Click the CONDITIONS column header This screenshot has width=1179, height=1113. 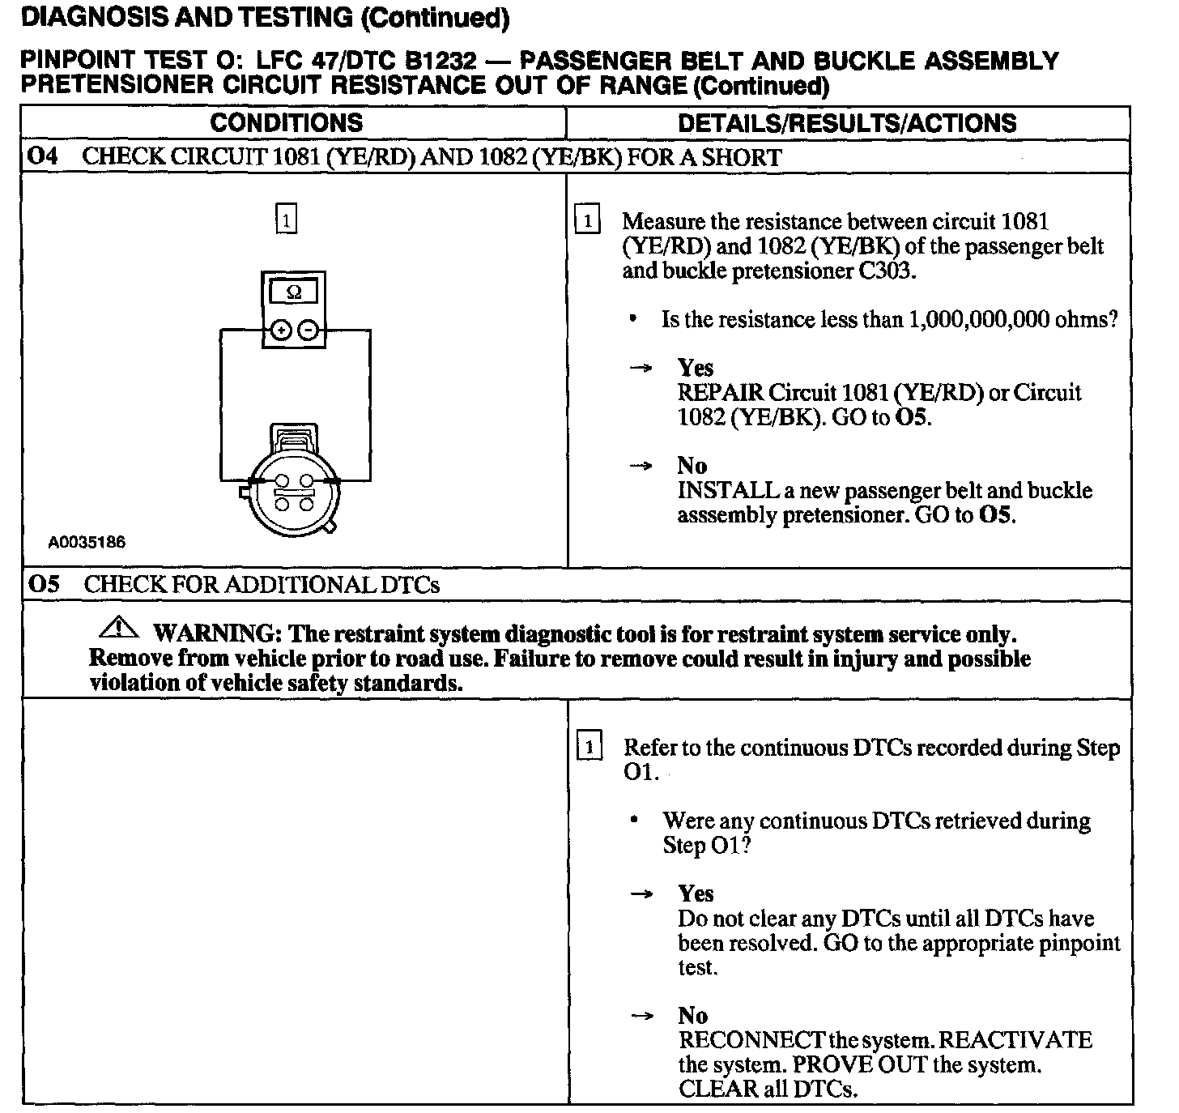coord(286,123)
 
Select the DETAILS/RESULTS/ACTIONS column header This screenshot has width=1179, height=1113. coord(846,123)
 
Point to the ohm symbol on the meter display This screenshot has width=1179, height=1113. coord(294,292)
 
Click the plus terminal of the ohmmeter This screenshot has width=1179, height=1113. coord(281,330)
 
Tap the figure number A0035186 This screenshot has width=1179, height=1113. coord(87,543)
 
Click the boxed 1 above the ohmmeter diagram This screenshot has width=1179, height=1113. coord(287,220)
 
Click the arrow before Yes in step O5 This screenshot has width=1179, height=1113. coord(641,894)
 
